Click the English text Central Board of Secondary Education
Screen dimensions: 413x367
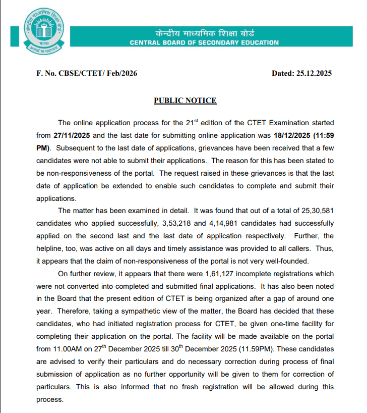[204, 43]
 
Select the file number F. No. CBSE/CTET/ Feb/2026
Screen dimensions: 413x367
[87, 73]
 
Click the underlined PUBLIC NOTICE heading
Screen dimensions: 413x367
[185, 100]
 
